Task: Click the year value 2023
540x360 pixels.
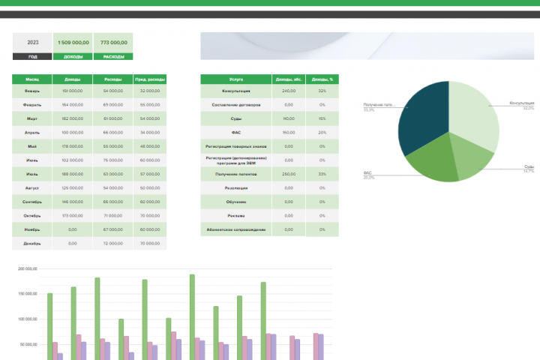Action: click(33, 42)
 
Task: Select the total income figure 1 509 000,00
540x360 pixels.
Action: click(73, 42)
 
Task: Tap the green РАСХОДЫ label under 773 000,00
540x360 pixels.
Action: click(114, 56)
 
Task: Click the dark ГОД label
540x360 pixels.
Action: click(33, 56)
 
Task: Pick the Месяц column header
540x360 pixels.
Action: click(32, 79)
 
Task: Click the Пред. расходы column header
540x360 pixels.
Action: click(150, 79)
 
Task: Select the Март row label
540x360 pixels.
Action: click(32, 118)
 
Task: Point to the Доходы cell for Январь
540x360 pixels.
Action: click(73, 91)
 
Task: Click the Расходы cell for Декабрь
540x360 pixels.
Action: click(112, 244)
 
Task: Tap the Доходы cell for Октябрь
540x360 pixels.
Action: click(73, 216)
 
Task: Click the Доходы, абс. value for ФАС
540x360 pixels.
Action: click(289, 132)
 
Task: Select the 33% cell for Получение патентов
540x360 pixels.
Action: click(322, 174)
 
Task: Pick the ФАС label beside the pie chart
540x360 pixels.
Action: click(368, 172)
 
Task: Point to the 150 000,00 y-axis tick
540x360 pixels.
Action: click(26, 294)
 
